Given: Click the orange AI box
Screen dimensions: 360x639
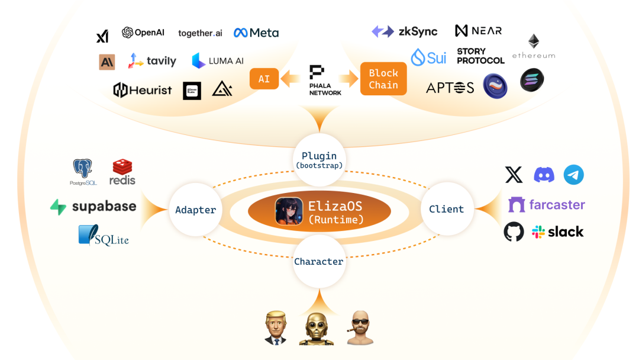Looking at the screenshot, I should [x=264, y=79].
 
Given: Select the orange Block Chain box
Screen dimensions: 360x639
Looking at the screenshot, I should [x=383, y=79].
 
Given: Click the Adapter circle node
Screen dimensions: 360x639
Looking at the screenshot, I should [x=195, y=210].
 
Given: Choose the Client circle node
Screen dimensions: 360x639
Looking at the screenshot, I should [x=446, y=208].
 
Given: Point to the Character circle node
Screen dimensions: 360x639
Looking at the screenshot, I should [x=318, y=261].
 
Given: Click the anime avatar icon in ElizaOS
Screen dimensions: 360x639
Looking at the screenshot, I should [x=289, y=212].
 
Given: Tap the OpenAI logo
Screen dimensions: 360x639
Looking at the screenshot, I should [x=143, y=33].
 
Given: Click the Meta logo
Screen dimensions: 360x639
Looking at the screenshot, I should [x=256, y=33].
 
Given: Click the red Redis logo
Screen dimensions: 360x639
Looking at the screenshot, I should [x=122, y=172].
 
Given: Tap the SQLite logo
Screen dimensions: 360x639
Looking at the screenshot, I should [x=104, y=236].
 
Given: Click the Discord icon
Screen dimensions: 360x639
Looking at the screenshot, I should [x=544, y=175].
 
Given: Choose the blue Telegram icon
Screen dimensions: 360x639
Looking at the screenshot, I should [x=573, y=175].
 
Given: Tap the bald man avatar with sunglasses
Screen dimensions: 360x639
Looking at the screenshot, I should [x=359, y=327].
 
